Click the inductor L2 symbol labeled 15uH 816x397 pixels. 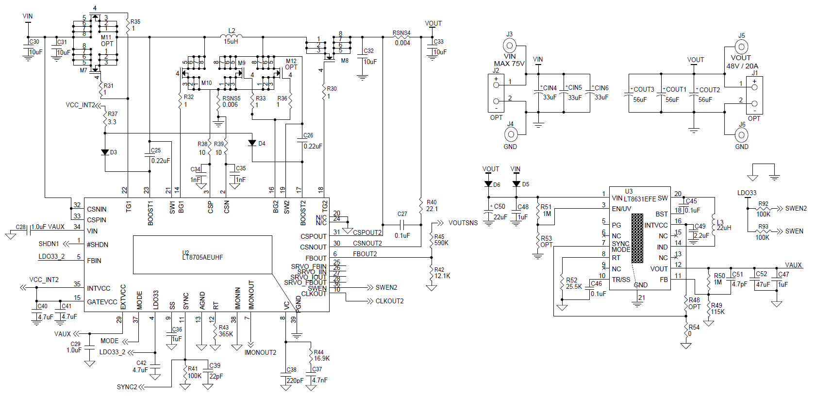click(x=232, y=36)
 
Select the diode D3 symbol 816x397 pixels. click(x=105, y=152)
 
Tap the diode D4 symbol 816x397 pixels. click(x=251, y=143)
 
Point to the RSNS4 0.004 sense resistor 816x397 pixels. click(x=401, y=37)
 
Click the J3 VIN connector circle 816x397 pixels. click(x=509, y=46)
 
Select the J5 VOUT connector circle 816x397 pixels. click(x=741, y=47)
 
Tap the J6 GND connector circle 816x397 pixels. click(x=741, y=134)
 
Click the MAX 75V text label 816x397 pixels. click(x=509, y=64)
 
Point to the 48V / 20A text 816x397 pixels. click(x=742, y=66)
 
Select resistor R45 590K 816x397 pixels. click(x=432, y=239)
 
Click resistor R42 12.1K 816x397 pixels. click(x=432, y=273)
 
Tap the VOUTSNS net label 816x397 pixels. click(x=463, y=223)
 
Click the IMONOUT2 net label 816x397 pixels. click(x=260, y=352)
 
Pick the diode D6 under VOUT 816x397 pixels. click(x=488, y=184)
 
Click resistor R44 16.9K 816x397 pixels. click(x=311, y=355)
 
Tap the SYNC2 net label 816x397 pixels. click(x=127, y=387)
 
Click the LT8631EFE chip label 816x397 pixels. click(x=639, y=198)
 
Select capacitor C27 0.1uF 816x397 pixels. click(x=402, y=225)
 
